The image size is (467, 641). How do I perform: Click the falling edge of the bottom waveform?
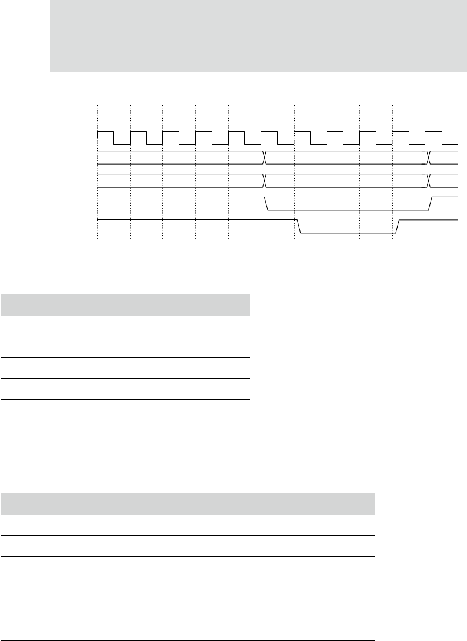(299, 226)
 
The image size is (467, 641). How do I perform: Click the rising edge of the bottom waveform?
(398, 226)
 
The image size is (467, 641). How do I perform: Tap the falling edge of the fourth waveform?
(266, 204)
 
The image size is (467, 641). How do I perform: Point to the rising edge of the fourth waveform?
(431, 204)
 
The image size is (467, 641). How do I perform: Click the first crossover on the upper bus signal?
(265, 156)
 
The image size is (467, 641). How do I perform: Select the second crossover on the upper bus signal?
(429, 156)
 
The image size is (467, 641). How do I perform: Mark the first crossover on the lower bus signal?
(265, 180)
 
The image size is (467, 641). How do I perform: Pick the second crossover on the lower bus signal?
(429, 180)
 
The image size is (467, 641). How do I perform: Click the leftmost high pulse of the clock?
(106, 132)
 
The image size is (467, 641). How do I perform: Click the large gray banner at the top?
(258, 36)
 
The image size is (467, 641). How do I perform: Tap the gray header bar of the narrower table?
(125, 304)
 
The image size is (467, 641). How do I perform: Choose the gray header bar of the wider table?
(188, 503)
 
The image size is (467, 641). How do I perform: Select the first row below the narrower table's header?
(125, 326)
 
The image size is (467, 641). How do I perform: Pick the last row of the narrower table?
(125, 431)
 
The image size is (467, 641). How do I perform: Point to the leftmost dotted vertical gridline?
(98, 173)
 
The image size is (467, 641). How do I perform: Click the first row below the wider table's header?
(188, 525)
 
